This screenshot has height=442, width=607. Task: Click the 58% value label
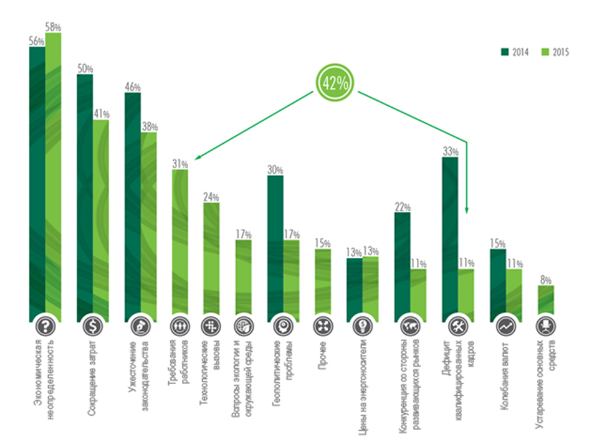click(x=53, y=27)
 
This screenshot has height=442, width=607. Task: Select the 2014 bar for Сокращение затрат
click(x=85, y=193)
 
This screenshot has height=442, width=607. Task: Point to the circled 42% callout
click(x=335, y=83)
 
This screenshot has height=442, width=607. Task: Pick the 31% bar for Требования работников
click(x=180, y=243)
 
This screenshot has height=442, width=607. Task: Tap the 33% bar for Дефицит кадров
click(x=450, y=237)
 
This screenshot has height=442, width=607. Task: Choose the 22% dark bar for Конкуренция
click(x=402, y=265)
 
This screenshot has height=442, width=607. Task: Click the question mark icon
click(x=45, y=326)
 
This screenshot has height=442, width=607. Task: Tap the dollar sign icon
click(x=93, y=326)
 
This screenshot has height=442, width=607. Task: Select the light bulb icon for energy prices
click(x=362, y=326)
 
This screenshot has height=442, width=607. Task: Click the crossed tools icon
click(x=458, y=326)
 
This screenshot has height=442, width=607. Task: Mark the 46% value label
click(x=132, y=88)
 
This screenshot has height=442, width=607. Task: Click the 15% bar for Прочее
click(x=323, y=283)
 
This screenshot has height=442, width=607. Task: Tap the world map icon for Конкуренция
click(x=410, y=326)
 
